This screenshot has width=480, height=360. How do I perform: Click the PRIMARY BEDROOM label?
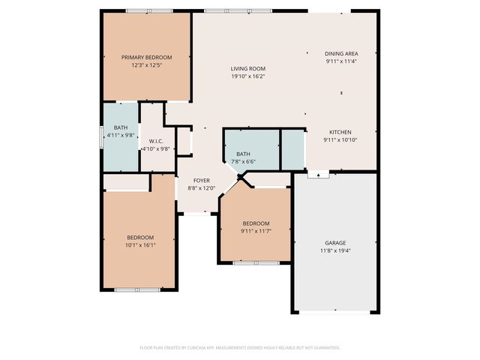coord(147,58)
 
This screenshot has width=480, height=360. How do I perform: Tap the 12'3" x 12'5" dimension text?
coord(147,65)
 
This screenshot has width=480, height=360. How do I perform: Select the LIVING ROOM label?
coord(247,68)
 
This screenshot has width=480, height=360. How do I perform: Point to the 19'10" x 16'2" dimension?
coord(247,76)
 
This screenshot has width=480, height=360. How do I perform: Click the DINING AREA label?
coord(341,54)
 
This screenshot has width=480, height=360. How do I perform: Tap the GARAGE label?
coord(335,243)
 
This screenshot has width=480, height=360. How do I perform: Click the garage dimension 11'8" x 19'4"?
coord(335,250)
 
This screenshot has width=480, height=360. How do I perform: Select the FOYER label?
coord(202,181)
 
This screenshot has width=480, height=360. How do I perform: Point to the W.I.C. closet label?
coord(156,141)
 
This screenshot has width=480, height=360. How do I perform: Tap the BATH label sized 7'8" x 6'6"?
coord(244,154)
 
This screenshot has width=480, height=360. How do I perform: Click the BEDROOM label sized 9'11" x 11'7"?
coord(256,223)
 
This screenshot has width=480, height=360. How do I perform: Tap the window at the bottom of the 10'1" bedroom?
coord(137,289)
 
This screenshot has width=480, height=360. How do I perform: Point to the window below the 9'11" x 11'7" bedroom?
coord(256,263)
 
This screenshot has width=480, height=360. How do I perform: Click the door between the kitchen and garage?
coord(318,174)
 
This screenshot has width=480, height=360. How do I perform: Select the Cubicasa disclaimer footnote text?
coord(240,348)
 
